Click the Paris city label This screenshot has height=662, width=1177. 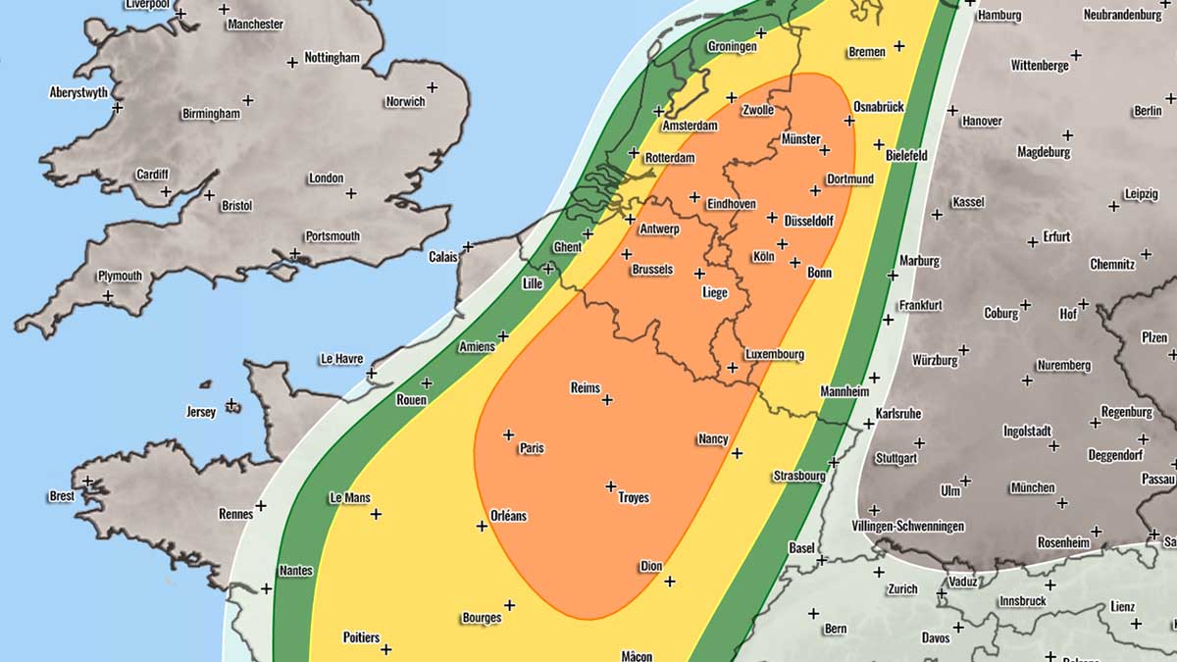(532, 448)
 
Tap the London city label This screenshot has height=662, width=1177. (326, 178)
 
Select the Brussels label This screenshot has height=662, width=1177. (652, 269)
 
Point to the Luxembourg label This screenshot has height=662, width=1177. (775, 354)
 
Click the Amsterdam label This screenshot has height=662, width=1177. (690, 126)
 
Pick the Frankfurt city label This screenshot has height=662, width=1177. (919, 305)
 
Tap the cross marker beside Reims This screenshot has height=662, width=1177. (607, 399)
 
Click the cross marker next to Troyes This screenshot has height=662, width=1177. (610, 485)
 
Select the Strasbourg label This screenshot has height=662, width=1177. (798, 476)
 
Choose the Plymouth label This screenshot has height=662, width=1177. (120, 276)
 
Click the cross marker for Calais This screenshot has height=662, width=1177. (468, 246)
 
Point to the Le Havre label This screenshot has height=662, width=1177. (341, 359)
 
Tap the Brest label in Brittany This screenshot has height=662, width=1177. (61, 496)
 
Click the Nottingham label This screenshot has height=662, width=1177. (332, 58)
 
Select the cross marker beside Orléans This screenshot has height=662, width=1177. (482, 526)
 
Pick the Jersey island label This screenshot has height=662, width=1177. (200, 412)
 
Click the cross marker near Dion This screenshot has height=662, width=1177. (669, 582)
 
